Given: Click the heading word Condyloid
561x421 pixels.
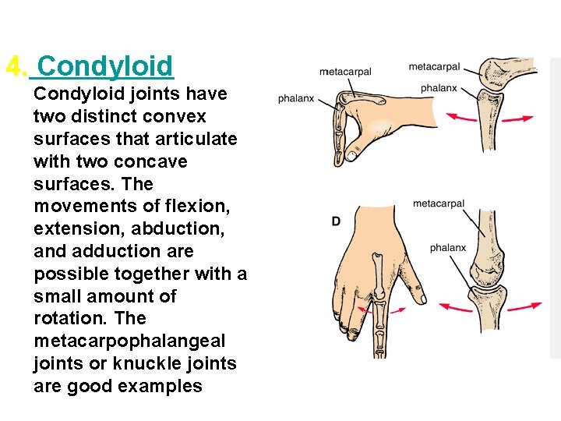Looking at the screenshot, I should [105, 66].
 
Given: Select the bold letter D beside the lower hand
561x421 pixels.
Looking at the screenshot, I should [336, 222].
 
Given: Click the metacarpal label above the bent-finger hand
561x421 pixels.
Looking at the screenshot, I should [345, 73].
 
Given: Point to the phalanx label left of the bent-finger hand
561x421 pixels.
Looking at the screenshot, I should [296, 99].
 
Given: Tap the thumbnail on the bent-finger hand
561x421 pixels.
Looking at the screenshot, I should [352, 156].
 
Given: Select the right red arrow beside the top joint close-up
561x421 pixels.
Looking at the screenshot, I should [517, 119].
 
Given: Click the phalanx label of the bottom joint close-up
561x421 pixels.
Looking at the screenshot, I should [448, 248].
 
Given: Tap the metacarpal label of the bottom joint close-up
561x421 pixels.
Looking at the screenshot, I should [439, 204].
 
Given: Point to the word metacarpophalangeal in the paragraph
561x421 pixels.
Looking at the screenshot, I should [129, 341].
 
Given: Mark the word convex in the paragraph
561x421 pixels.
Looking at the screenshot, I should [180, 116].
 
